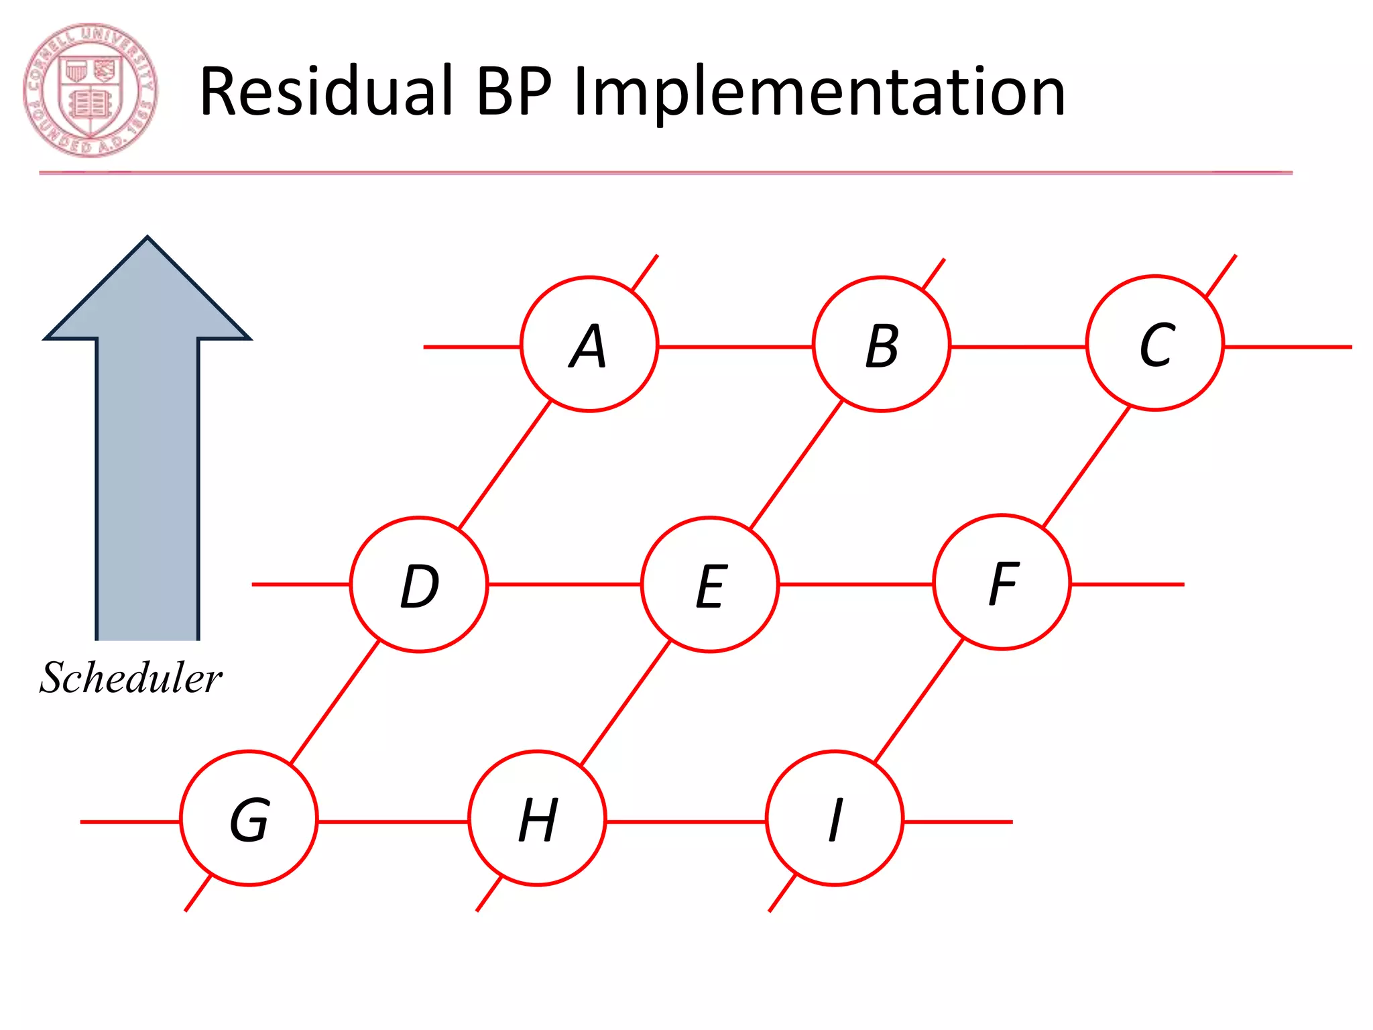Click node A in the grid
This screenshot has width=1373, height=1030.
[x=589, y=344]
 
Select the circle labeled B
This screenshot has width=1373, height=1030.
[x=881, y=344]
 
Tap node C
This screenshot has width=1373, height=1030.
[x=1155, y=343]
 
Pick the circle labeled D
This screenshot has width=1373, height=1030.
[x=419, y=584]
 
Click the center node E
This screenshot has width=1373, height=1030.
[x=710, y=584]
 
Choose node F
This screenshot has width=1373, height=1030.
[x=1002, y=582]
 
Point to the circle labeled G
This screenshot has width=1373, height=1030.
[x=249, y=819]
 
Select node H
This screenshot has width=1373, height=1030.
[x=537, y=819]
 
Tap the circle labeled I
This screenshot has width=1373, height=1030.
[x=835, y=819]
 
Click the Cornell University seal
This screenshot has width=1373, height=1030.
[x=91, y=91]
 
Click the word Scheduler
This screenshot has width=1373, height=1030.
[x=131, y=677]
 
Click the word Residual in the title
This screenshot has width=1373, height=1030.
[x=326, y=91]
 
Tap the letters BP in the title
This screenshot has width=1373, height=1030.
[x=514, y=91]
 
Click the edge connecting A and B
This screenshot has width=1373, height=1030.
[x=735, y=347]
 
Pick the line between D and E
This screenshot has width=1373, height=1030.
[x=564, y=584]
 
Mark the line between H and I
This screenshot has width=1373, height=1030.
[x=686, y=821]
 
